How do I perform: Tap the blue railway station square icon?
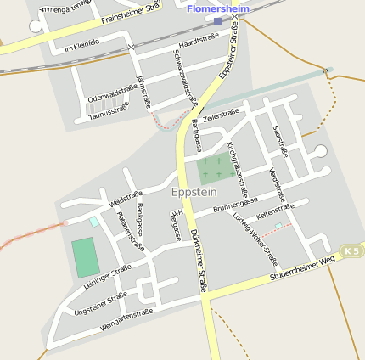click(x=217, y=21)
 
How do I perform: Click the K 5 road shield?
click(x=351, y=250)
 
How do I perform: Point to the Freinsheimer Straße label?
click(x=131, y=12)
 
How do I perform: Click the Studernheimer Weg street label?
click(x=302, y=267)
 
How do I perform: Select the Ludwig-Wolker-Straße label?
click(x=255, y=239)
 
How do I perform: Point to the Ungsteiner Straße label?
click(x=100, y=303)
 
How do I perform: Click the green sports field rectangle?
click(x=84, y=257)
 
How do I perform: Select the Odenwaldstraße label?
click(x=112, y=98)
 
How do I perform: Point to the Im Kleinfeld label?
click(x=81, y=47)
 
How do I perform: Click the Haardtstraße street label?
click(x=199, y=41)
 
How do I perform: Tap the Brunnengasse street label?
click(x=234, y=206)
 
